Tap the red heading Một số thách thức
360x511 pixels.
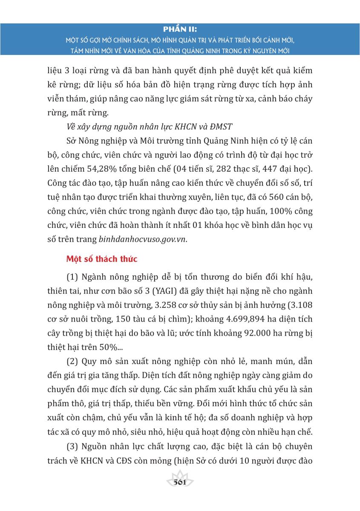101,259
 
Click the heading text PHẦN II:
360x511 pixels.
180,29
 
